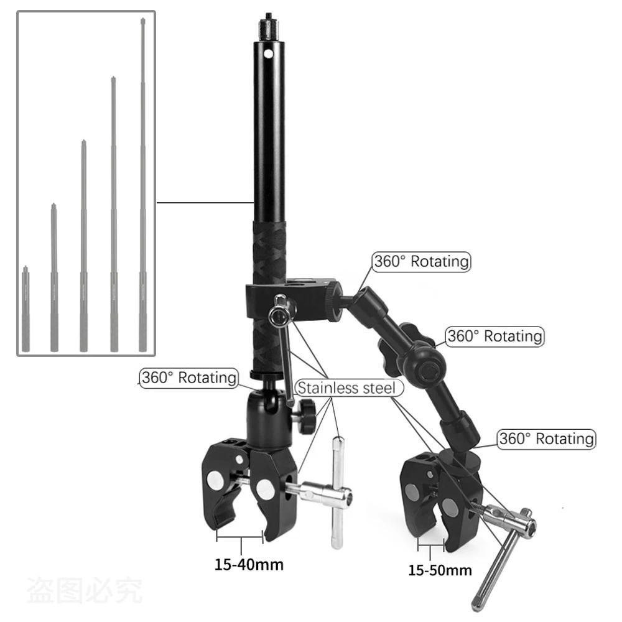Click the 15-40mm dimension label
(x=249, y=564)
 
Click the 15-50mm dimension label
(x=440, y=570)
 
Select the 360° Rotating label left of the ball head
(x=189, y=378)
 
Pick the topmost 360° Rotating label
(x=421, y=261)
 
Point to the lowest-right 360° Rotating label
(x=546, y=439)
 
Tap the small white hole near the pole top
(x=269, y=53)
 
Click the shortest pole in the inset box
(x=26, y=309)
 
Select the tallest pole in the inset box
(x=143, y=185)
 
